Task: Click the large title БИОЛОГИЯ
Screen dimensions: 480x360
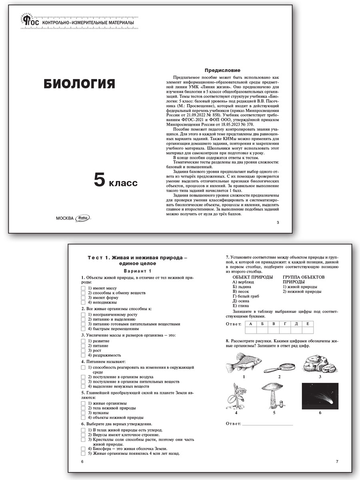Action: point(79,84)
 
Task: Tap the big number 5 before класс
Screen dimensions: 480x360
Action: point(99,180)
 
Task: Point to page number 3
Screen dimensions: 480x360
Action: point(278,222)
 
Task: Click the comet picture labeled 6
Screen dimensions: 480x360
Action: point(320,396)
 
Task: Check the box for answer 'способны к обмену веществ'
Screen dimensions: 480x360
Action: point(83,293)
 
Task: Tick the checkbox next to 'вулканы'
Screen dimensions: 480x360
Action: point(83,412)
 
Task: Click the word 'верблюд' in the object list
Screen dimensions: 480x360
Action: point(245,282)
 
